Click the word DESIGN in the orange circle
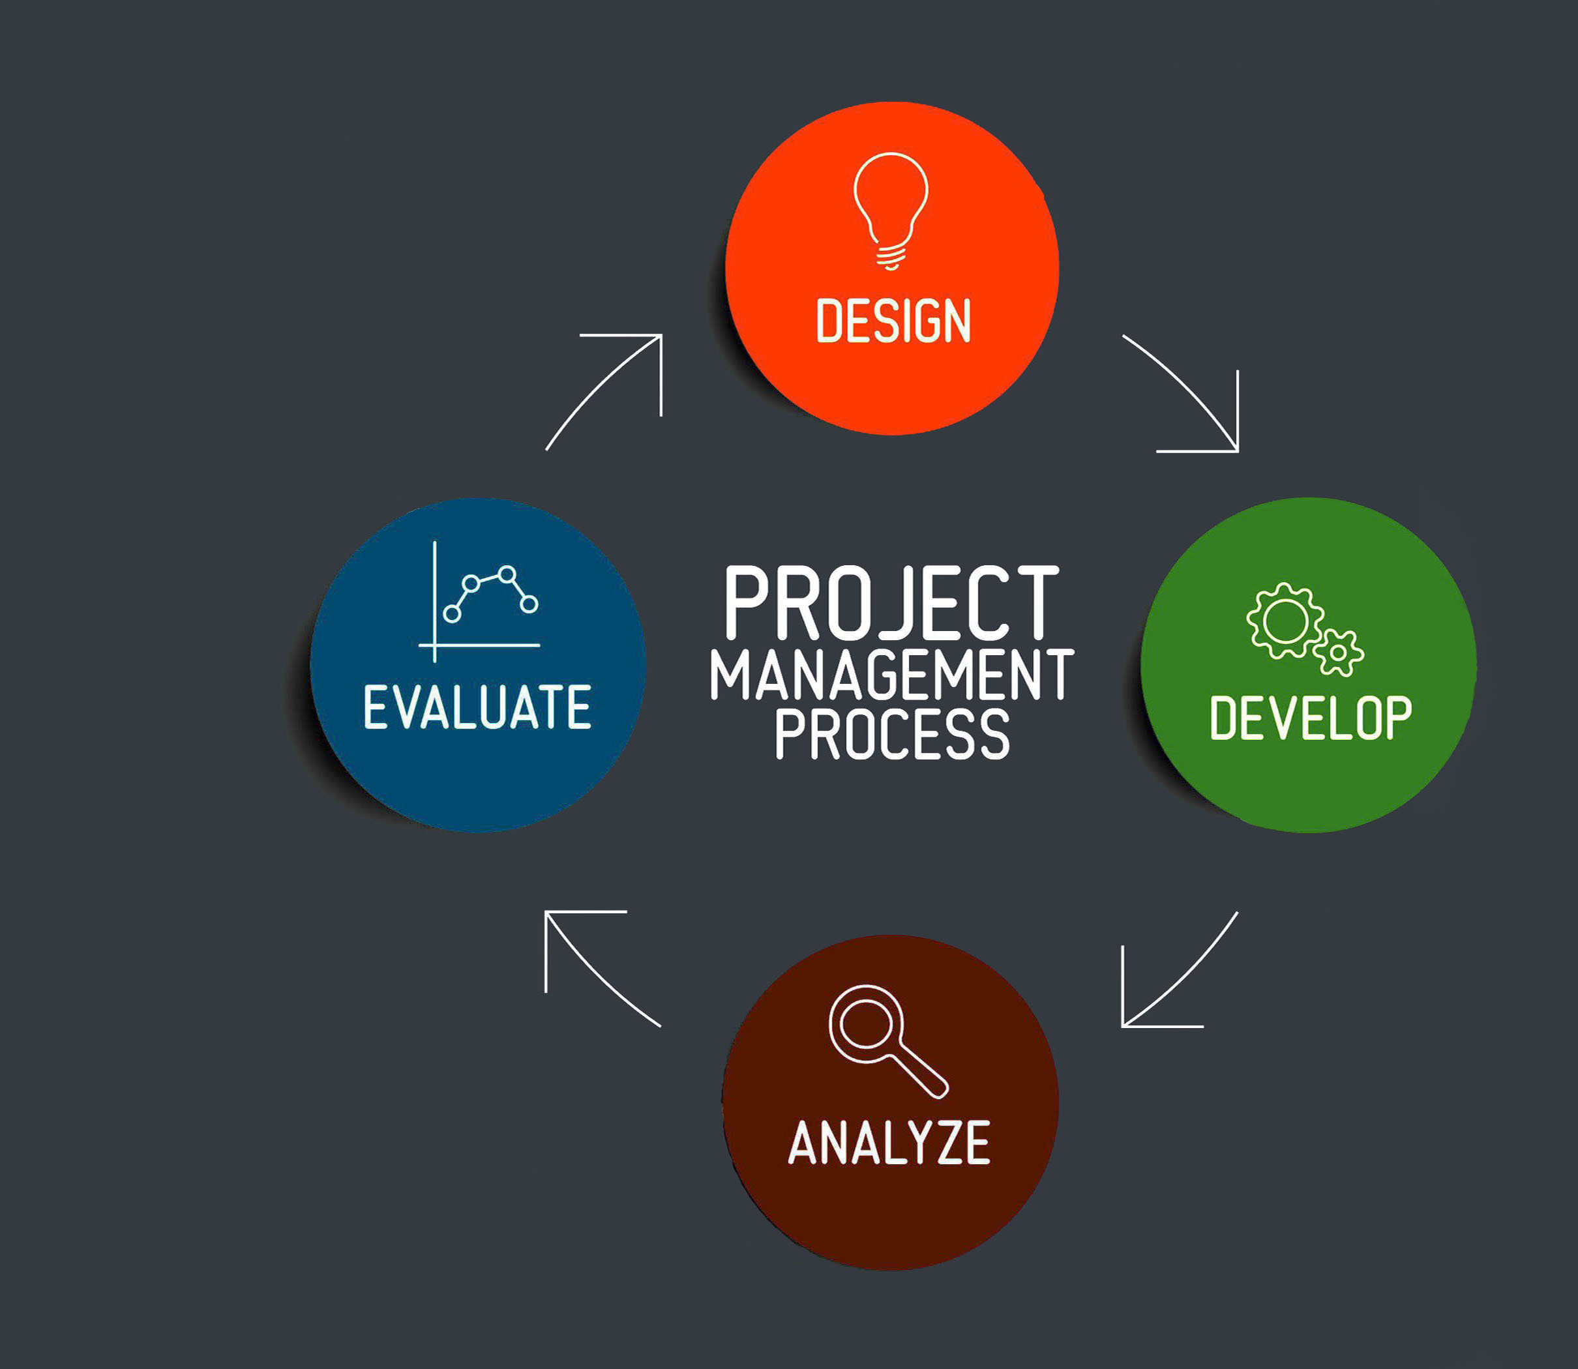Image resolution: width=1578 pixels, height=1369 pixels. coord(893,320)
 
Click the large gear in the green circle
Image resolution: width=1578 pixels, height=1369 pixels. coord(1285,621)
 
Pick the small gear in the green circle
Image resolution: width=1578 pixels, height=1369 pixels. coord(1338,653)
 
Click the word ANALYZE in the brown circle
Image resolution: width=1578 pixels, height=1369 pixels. coord(889,1143)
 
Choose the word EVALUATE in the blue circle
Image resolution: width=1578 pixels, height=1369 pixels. coord(477,707)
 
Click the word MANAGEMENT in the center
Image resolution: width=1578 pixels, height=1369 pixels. coord(892,675)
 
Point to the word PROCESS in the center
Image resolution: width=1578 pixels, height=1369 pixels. coord(893,733)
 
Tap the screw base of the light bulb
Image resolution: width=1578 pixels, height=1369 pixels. coord(891,258)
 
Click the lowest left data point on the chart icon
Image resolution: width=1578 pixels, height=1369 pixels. coord(452,613)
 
